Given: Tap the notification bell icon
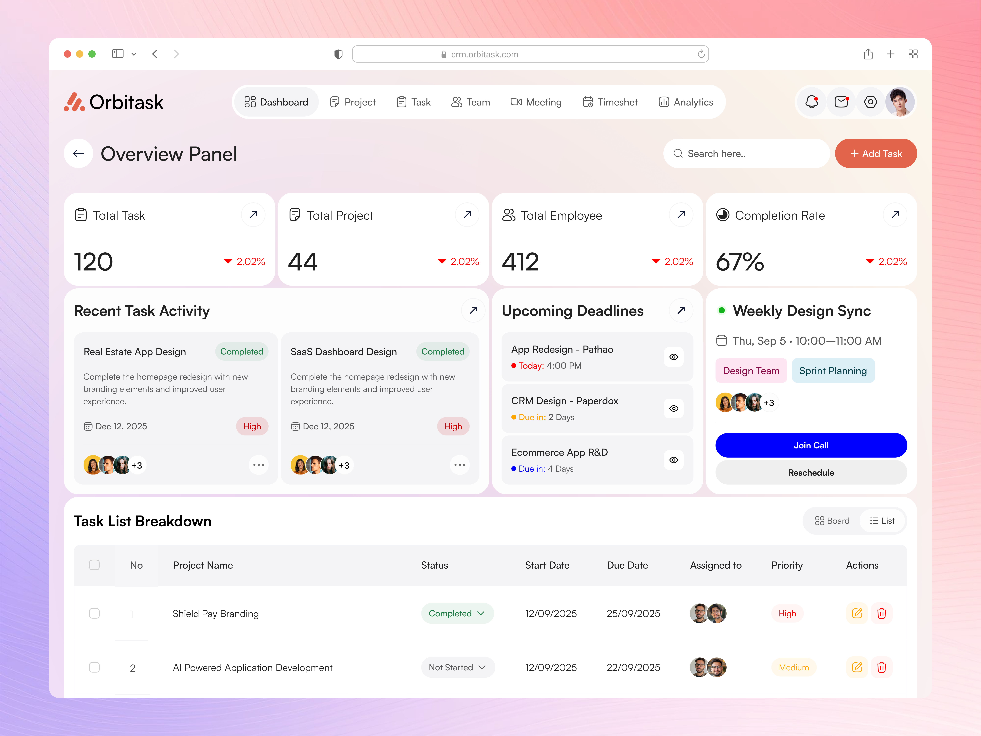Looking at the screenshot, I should tap(812, 102).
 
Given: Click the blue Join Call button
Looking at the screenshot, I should tap(811, 445).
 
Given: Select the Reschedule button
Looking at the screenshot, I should tap(811, 472).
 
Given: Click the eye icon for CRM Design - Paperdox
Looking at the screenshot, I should tap(673, 408).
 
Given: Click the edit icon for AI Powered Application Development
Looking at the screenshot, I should tap(857, 667).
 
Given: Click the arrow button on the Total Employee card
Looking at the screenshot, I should tap(681, 215).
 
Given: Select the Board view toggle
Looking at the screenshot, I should tap(832, 521).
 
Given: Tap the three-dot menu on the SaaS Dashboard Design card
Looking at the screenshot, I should tap(459, 465).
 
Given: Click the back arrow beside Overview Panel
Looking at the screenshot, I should tap(78, 153).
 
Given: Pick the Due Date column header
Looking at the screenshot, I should tap(627, 565).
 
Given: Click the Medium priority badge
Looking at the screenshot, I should tap(793, 667).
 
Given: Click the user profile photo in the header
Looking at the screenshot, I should tap(899, 102).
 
